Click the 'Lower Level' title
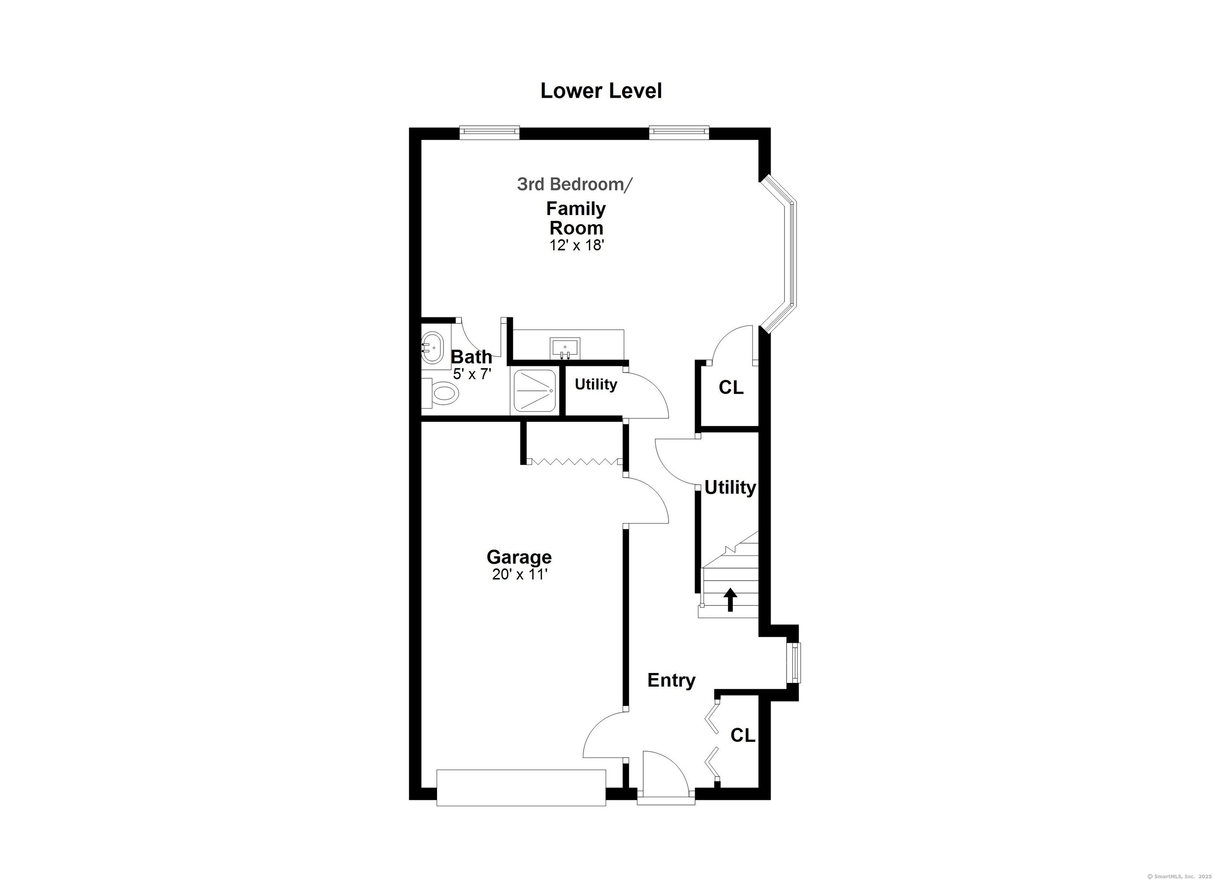coord(601,91)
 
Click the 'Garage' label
coord(519,557)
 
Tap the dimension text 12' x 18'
coord(577,245)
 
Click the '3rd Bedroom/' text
coord(574,184)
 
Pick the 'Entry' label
coord(671,680)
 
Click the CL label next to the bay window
coord(731,387)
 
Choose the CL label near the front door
coord(743,735)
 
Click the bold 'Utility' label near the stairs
coord(730,488)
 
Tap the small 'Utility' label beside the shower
coord(595,384)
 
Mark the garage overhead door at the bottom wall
coord(521,787)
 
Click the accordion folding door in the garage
coord(574,461)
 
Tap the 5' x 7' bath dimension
coord(471,374)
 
